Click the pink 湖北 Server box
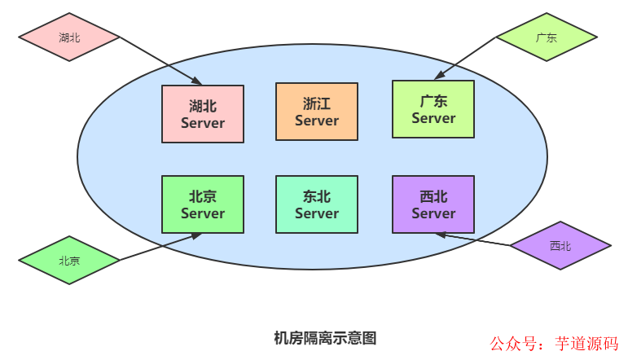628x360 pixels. coord(203,114)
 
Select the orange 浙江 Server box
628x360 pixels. coord(317,112)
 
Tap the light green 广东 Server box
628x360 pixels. coord(433,109)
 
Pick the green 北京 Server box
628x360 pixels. coord(203,204)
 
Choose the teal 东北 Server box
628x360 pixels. coord(317,204)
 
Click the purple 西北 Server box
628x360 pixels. coord(433,204)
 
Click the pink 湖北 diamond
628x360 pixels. coord(69,37)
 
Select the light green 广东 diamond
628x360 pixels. coord(547,37)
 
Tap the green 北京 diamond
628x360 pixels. coord(69,261)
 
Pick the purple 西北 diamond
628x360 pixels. coord(560,245)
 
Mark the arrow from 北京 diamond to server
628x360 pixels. coord(160,248)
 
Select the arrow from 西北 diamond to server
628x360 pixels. coord(472,239)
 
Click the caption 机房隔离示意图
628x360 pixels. coord(325,337)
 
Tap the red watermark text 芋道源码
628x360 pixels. coord(586,344)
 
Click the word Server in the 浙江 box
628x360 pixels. coord(317,121)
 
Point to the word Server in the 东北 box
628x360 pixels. coord(317,213)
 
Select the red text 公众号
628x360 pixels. coord(511,344)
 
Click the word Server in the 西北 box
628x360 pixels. coord(433,213)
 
